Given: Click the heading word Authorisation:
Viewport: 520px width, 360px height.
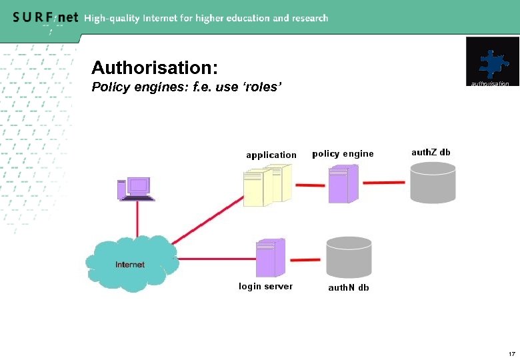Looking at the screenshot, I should pyautogui.click(x=154, y=68).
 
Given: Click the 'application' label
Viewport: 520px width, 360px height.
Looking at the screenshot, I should pyautogui.click(x=271, y=155).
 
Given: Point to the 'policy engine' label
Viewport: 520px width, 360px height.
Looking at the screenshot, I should pyautogui.click(x=343, y=154).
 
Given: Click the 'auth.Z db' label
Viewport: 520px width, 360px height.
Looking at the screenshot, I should pyautogui.click(x=431, y=152).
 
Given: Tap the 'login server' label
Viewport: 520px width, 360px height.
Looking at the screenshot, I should pyautogui.click(x=265, y=286).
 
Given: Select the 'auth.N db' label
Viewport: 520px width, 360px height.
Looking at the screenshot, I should pyautogui.click(x=348, y=288).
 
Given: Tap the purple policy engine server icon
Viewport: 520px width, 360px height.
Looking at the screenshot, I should pyautogui.click(x=343, y=184).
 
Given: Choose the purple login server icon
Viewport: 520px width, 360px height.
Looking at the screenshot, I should pyautogui.click(x=271, y=258).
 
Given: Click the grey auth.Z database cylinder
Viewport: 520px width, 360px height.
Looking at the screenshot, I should pyautogui.click(x=433, y=181).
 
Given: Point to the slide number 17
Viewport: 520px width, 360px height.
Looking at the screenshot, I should pyautogui.click(x=511, y=353).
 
